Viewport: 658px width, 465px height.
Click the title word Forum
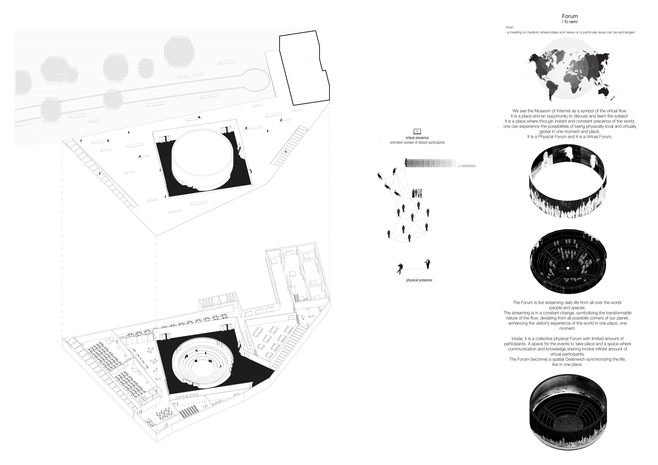570,16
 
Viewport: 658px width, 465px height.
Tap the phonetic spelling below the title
570,22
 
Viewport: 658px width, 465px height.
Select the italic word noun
509,27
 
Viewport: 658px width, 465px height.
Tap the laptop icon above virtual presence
417,132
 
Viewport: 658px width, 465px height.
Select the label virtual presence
417,138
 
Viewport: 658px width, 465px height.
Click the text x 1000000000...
468,166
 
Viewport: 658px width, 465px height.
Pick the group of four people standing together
417,193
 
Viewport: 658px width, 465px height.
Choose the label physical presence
419,280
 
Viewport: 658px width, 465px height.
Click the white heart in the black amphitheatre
568,268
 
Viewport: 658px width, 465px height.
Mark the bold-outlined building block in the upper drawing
304,68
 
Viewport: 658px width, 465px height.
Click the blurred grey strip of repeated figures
430,163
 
